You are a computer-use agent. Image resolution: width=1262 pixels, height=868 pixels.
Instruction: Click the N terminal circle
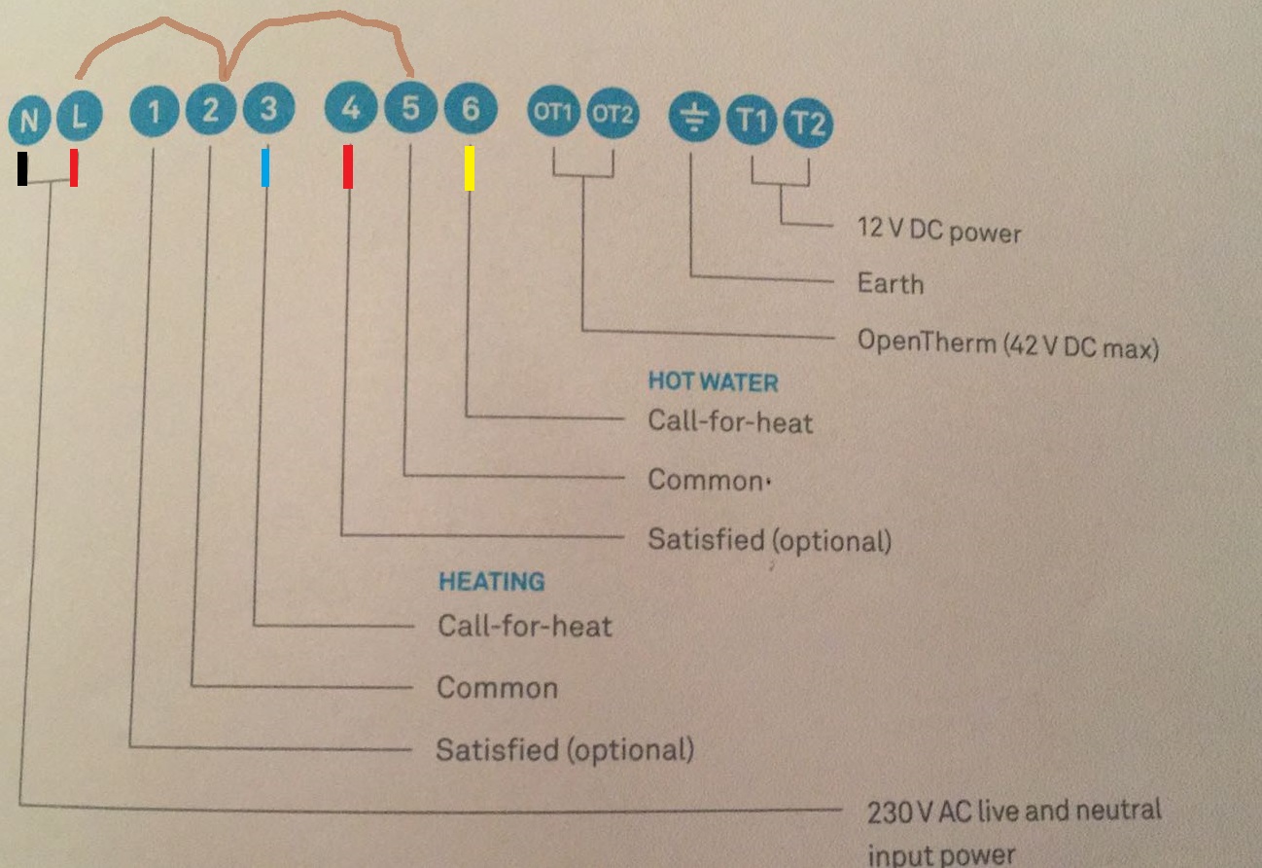coord(29,120)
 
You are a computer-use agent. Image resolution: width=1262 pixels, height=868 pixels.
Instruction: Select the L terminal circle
coord(80,116)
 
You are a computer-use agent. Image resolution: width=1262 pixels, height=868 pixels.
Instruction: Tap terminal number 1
coord(154,111)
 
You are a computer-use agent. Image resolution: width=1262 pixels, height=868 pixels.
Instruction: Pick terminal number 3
coord(268,108)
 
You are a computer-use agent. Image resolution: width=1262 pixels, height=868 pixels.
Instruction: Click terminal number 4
coord(350,107)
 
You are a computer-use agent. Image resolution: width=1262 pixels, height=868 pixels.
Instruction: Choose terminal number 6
coord(471,108)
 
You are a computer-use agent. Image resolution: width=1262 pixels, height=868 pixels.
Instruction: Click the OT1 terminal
coord(553,111)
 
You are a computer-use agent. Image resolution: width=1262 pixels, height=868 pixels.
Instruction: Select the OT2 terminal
coord(613,113)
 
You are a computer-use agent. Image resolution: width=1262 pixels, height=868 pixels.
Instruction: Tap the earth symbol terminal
coord(693,118)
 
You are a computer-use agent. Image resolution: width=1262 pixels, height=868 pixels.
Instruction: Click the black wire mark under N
coord(22,168)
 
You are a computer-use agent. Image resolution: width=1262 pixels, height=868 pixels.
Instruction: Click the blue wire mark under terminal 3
coord(265,166)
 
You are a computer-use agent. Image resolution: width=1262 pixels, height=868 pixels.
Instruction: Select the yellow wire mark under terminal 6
coord(470,167)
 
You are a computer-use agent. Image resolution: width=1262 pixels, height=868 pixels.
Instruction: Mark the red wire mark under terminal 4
coord(348,166)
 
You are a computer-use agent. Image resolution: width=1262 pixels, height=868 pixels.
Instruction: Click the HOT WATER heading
coord(714,381)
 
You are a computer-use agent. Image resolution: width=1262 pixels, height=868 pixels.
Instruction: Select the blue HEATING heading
coord(492,582)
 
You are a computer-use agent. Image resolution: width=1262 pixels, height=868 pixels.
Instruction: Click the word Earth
coord(891,283)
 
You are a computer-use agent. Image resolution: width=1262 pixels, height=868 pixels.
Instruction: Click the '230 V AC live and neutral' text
coord(1014,811)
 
